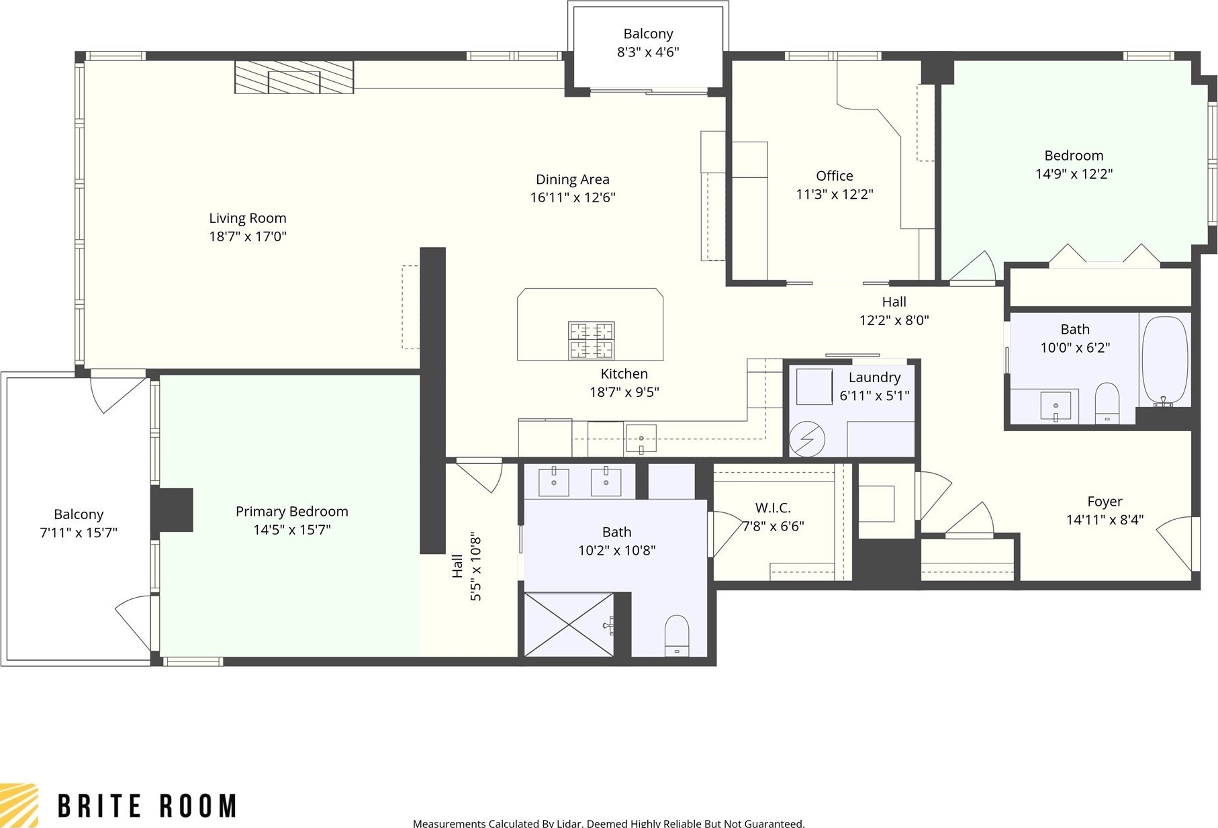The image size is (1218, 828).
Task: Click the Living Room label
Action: coord(248,218)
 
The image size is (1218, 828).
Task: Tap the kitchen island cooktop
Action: coord(591,340)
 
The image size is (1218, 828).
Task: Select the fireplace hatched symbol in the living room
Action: coord(294,77)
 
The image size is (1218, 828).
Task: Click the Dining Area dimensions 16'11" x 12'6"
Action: coord(573,197)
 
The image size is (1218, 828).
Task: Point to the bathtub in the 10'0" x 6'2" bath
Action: coord(1165,361)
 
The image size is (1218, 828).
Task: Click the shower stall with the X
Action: coord(569,625)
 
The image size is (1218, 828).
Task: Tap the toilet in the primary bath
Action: coord(677,635)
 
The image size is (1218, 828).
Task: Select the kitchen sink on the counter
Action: coord(641,439)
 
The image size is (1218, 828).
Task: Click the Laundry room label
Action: coord(874,377)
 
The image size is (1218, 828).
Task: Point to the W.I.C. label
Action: coord(773,508)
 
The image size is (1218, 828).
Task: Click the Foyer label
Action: coord(1105,502)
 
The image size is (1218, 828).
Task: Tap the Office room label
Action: coord(835,176)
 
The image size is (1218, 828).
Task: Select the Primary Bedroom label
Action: coord(292,511)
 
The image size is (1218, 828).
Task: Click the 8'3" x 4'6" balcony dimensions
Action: coord(648,52)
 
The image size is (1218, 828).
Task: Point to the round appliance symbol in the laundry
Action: coord(807,439)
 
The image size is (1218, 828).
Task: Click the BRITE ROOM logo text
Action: coord(147,806)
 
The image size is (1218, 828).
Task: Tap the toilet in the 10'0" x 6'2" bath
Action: coord(1107,403)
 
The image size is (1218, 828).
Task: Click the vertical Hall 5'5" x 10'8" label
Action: coord(467,567)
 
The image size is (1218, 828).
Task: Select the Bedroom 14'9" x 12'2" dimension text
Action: coord(1074,174)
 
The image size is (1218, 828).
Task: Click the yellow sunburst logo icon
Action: coord(18,805)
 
